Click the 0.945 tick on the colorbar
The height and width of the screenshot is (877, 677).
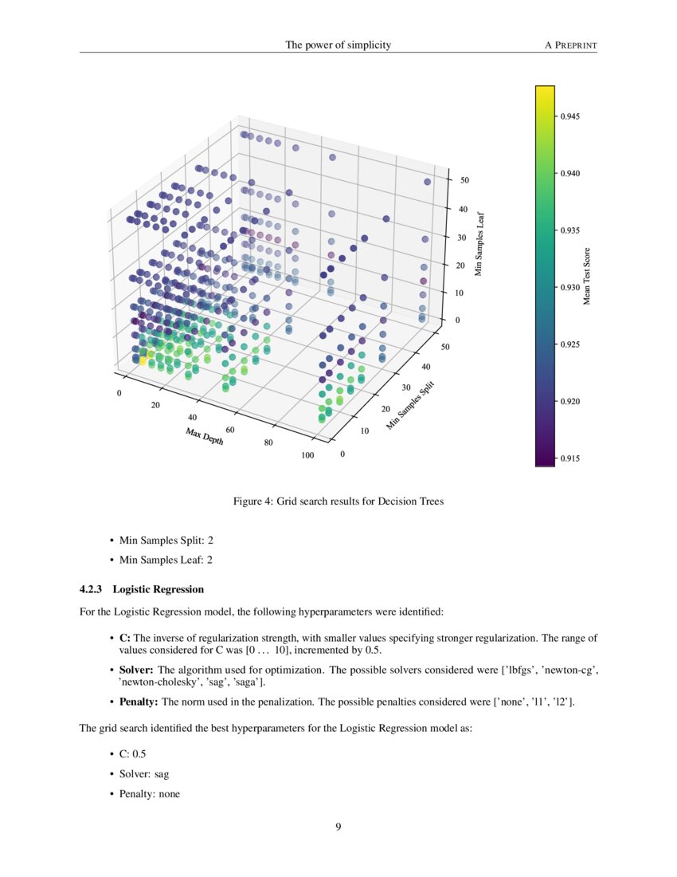569,116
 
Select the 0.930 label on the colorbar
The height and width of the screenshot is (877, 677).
569,287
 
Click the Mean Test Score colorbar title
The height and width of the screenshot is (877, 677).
588,275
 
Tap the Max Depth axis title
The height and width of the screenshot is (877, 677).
204,437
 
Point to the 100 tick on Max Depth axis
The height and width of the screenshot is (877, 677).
307,455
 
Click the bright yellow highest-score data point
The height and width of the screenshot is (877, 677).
143,360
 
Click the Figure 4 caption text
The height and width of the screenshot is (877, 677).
338,501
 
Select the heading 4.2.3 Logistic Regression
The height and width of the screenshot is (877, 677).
142,589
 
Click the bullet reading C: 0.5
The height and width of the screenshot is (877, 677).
133,753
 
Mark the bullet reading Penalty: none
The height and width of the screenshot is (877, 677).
149,793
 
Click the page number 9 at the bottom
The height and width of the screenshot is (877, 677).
338,827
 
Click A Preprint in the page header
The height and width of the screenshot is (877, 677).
570,45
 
